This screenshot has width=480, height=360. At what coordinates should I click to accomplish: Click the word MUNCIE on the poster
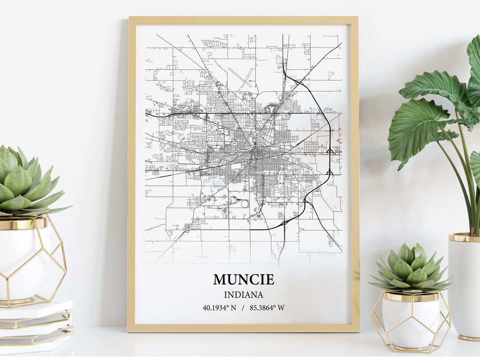[243, 280]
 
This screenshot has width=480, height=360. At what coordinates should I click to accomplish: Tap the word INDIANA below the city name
[243, 295]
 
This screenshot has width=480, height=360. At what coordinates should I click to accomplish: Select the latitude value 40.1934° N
[219, 308]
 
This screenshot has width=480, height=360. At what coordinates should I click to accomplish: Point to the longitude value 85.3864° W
[267, 308]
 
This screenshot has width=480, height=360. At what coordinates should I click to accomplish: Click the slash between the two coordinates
[243, 308]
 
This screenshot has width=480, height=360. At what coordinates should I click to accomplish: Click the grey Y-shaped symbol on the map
[271, 108]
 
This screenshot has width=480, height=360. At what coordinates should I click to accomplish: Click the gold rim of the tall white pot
[464, 238]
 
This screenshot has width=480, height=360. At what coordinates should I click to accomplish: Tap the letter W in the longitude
[281, 308]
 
